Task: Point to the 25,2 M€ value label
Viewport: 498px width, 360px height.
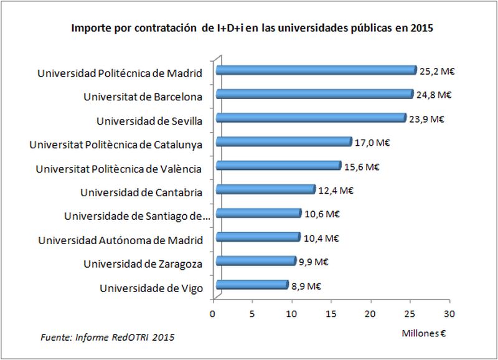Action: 438,71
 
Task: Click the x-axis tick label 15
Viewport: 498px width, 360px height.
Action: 332,315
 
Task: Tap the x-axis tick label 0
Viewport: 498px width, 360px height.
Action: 214,315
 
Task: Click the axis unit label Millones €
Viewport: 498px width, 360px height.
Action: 425,333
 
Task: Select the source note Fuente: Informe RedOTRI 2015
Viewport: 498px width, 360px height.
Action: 108,337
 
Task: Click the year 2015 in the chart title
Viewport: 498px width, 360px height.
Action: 421,28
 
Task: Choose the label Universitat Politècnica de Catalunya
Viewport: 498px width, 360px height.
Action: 116,144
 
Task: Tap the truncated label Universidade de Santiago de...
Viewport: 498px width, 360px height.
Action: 137,216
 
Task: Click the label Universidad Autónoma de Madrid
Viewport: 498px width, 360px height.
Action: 120,240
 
